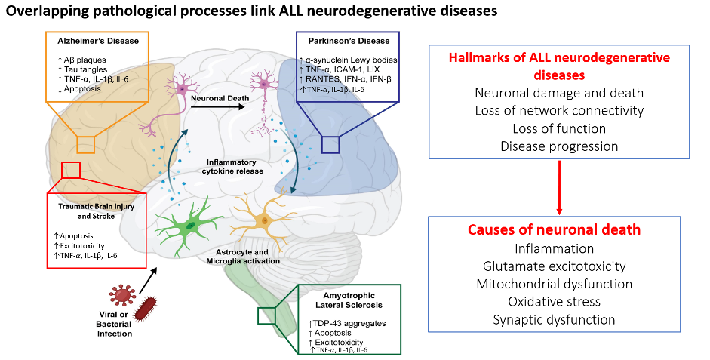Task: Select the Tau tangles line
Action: tap(83, 69)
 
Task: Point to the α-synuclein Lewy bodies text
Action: tap(348, 60)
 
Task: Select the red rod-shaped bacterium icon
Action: tap(147, 309)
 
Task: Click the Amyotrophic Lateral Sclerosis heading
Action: tap(348, 300)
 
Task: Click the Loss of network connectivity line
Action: tap(559, 110)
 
